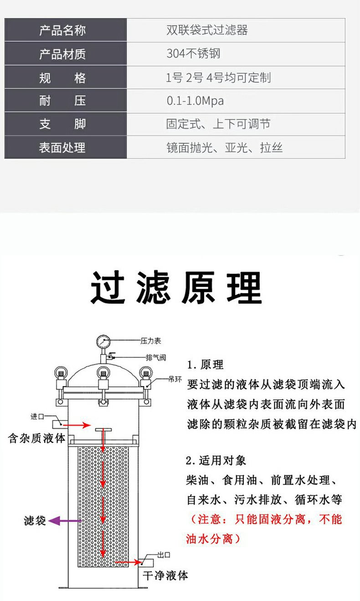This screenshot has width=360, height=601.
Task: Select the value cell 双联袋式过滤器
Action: [x=207, y=31]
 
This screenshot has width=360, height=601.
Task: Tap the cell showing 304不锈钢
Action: [x=193, y=54]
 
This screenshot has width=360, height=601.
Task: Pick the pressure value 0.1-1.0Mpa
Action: [x=195, y=101]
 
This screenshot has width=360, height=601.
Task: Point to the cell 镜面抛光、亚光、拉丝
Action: [x=224, y=148]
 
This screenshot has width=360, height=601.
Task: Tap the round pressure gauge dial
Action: [x=103, y=341]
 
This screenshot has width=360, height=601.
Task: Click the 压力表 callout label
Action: [x=150, y=341]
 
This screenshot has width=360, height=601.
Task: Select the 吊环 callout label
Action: [x=175, y=379]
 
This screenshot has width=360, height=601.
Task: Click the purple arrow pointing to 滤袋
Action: [x=62, y=521]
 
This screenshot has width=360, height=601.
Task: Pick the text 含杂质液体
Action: [x=36, y=439]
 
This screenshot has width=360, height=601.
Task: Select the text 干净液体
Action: [x=165, y=575]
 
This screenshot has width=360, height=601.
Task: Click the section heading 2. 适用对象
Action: [x=216, y=461]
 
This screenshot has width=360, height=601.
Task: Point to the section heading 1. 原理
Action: [x=206, y=365]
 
